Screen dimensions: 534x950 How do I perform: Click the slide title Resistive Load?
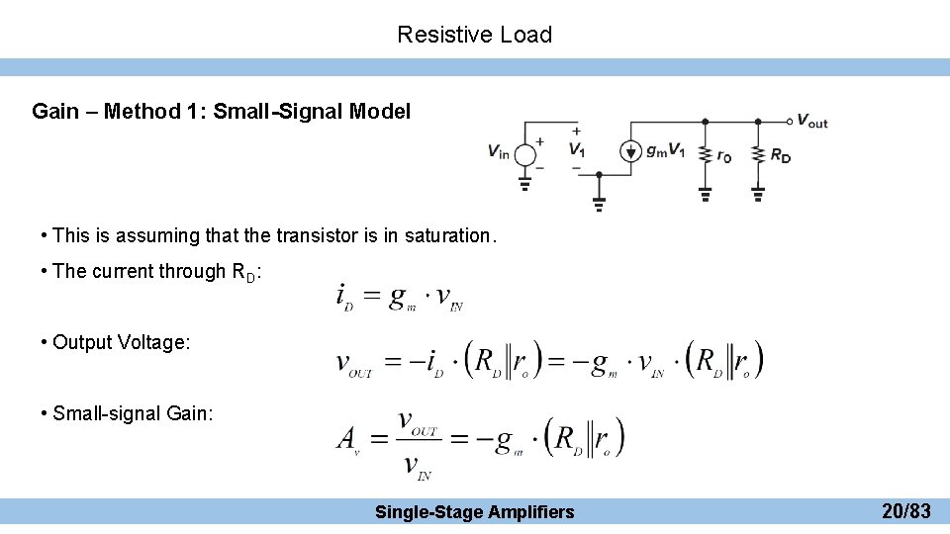pos(474,35)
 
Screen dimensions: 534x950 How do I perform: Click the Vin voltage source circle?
pos(525,151)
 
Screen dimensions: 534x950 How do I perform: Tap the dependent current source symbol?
pos(630,151)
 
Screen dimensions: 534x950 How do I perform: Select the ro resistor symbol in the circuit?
pos(705,154)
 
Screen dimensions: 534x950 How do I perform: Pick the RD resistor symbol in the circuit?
pos(758,154)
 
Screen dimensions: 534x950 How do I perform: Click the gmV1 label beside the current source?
pos(665,151)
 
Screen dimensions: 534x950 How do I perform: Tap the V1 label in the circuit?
pos(576,150)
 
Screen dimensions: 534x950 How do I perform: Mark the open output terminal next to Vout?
pos(790,122)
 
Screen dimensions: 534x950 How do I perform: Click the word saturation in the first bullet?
pos(448,235)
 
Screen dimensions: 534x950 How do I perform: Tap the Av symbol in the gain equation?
pos(347,438)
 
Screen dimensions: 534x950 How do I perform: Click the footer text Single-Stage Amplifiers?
pos(474,511)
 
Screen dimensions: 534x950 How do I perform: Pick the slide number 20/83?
pos(905,511)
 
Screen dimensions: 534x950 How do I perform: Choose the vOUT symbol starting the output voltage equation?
pos(354,364)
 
